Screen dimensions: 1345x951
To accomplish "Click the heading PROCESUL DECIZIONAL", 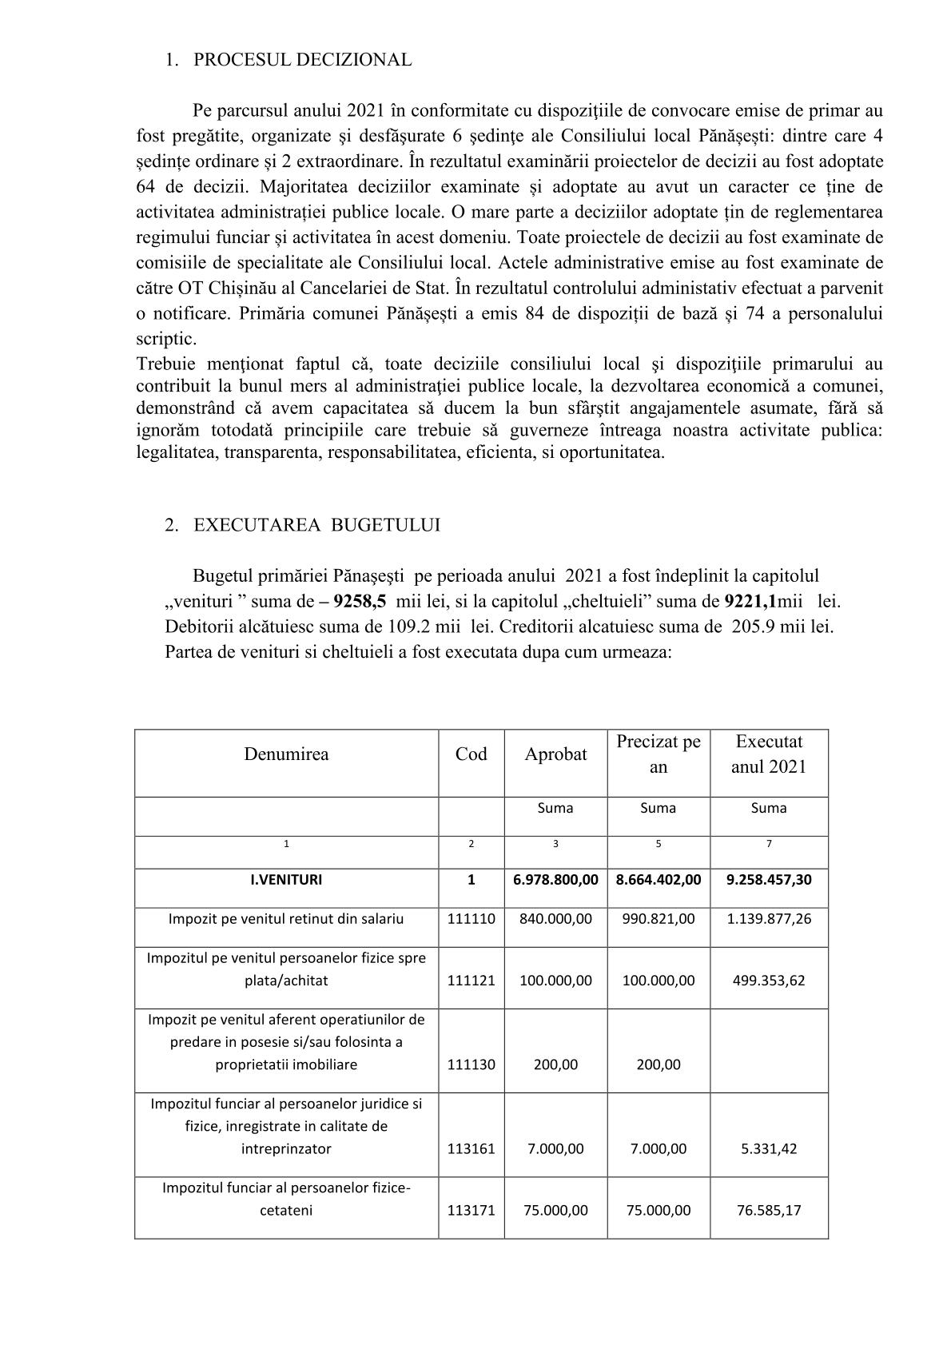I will pos(302,60).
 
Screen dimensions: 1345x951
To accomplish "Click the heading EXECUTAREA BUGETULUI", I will pos(316,525).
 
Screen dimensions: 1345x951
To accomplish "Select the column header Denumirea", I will pos(286,754).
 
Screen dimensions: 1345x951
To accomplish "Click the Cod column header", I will pos(471,754).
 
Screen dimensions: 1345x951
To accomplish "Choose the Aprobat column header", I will pos(555,754).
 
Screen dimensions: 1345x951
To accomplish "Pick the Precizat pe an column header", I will pos(659,754).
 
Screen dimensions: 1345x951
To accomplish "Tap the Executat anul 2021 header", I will pos(769,754).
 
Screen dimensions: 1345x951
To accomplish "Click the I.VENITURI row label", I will pos(286,880).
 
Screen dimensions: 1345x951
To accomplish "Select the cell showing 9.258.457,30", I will pos(769,880).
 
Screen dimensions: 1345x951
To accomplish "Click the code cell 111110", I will pos(471,919).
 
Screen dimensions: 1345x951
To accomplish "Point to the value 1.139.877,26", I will pos(769,919).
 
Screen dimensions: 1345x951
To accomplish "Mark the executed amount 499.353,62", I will pos(769,981).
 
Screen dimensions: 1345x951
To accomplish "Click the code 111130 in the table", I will pos(471,1064).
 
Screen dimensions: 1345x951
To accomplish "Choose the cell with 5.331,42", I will pos(769,1149).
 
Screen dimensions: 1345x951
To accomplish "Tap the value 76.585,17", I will pos(769,1211).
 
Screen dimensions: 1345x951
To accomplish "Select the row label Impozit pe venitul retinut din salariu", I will pos(286,919).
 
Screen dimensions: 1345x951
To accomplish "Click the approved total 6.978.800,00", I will pos(555,880).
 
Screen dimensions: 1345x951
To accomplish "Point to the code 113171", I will pos(471,1211).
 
